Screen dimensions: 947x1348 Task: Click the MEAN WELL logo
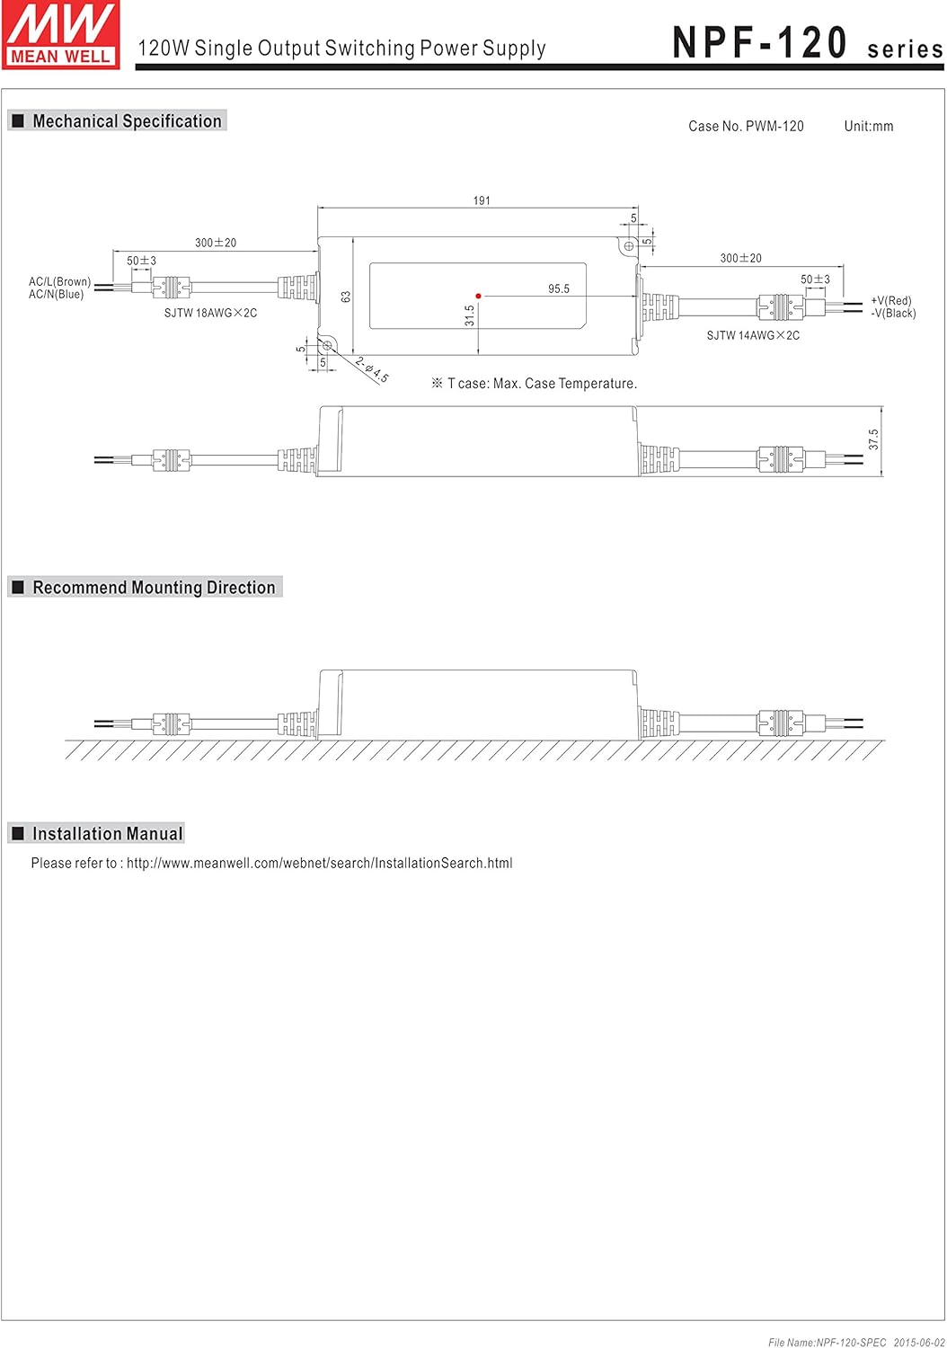click(61, 35)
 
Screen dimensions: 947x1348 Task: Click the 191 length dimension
click(482, 200)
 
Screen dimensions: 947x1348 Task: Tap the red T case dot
click(478, 296)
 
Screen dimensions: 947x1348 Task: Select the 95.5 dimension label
click(558, 288)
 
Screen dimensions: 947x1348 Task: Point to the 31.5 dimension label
click(469, 315)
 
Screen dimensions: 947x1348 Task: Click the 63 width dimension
click(345, 297)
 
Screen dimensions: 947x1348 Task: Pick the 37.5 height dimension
click(873, 439)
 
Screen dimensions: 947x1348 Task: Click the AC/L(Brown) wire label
click(59, 281)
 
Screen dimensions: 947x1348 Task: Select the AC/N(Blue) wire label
click(56, 294)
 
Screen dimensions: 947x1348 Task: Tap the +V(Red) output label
click(890, 301)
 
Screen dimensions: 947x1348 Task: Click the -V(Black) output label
click(893, 314)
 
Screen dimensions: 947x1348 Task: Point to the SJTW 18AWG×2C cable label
click(210, 313)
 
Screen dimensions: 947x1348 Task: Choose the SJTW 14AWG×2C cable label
click(753, 335)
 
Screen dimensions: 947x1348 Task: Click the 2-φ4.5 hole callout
click(372, 369)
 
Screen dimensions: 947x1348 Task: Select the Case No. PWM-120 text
click(746, 127)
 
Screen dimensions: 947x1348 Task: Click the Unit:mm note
click(868, 127)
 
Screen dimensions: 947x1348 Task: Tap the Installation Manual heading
click(107, 833)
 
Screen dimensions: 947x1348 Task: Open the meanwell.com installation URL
click(320, 863)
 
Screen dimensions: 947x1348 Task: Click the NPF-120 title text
click(759, 42)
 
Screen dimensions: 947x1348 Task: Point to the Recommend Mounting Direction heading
click(154, 588)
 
